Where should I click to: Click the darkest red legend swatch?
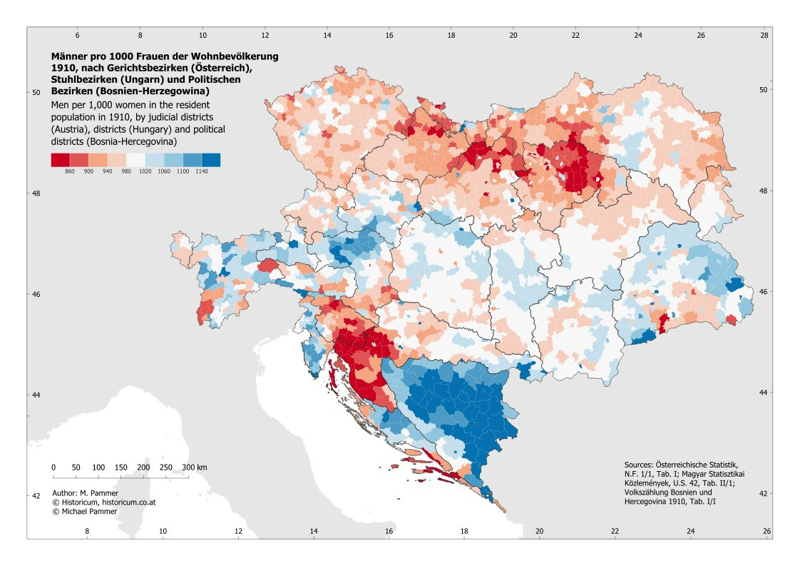[60, 160]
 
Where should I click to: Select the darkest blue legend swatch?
[211, 160]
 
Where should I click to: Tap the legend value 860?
[70, 171]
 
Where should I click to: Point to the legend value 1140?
[202, 171]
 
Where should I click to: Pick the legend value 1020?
[145, 171]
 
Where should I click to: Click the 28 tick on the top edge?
[764, 35]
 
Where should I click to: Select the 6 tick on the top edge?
[78, 35]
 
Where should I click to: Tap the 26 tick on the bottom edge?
[766, 531]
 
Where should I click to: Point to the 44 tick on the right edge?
[763, 393]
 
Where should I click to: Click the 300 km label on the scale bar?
[195, 468]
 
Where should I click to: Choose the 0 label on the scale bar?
[53, 468]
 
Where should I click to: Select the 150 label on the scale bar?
[121, 468]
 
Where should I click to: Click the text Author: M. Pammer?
[85, 493]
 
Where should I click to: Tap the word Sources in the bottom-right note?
[638, 465]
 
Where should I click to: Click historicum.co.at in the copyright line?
[132, 502]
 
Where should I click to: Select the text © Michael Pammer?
[85, 511]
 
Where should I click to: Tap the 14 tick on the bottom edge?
[313, 531]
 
